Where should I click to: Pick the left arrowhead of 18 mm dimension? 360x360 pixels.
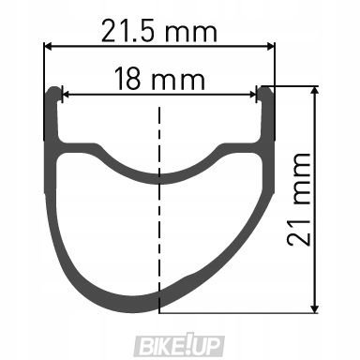tap(66, 93)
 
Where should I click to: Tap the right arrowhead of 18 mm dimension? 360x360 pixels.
tap(253, 93)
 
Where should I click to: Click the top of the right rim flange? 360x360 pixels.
tap(266, 89)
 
